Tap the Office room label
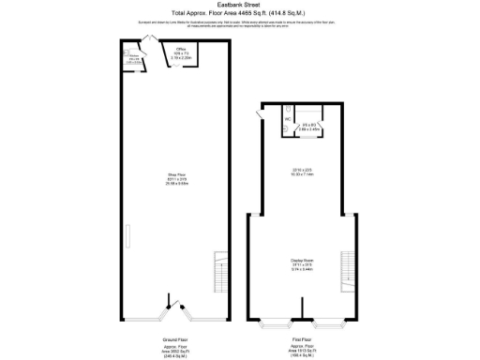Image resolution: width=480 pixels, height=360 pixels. tap(183, 49)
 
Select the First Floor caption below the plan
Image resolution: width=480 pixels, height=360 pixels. tap(302, 338)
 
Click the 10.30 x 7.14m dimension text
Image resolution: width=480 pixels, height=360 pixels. tap(302, 172)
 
